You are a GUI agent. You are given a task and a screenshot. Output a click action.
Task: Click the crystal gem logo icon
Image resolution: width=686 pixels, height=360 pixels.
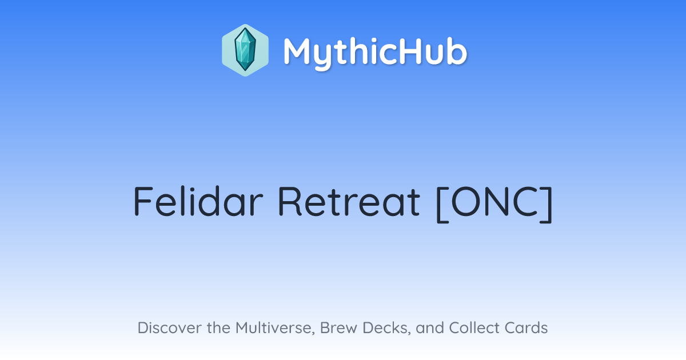tap(245, 50)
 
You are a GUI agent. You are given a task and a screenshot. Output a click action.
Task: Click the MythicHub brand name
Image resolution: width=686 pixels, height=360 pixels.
tap(375, 52)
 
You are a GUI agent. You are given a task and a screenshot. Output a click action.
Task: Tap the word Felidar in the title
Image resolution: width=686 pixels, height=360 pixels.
tap(198, 201)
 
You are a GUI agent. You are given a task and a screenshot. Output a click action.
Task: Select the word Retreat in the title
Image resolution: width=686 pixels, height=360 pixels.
tap(349, 201)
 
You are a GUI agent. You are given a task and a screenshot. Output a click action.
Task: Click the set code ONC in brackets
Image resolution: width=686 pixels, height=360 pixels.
tap(494, 201)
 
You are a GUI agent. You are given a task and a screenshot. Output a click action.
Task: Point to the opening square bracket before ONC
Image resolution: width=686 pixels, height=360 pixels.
tap(442, 204)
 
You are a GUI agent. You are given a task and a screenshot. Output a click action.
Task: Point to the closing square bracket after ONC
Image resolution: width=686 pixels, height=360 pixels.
tap(547, 204)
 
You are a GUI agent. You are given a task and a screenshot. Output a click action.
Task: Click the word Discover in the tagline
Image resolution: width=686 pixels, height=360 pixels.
tap(169, 327)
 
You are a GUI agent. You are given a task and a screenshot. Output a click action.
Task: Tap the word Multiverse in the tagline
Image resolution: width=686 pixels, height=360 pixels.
tap(275, 328)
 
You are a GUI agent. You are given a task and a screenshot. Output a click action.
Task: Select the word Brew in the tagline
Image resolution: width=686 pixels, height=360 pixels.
tap(338, 327)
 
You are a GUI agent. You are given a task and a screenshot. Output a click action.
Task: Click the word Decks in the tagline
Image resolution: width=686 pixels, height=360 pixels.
tap(386, 328)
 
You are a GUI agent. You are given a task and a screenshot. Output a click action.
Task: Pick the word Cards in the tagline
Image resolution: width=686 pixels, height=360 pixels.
tap(526, 327)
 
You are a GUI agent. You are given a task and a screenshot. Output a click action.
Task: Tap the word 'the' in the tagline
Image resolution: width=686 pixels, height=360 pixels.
tap(218, 327)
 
